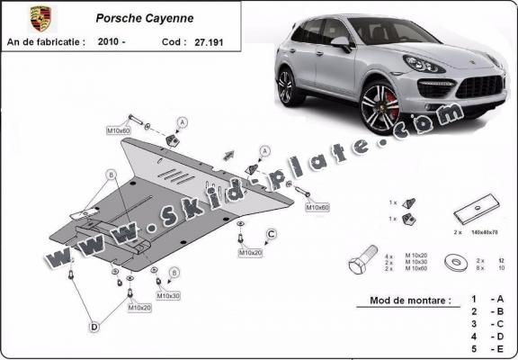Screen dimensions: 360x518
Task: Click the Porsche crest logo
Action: click(39, 18)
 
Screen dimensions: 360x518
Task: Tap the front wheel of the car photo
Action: click(380, 107)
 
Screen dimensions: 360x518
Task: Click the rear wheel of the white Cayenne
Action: click(286, 87)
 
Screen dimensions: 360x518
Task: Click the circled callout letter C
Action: click(270, 236)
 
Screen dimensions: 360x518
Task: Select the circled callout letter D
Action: click(94, 328)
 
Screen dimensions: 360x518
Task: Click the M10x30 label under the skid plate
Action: click(168, 295)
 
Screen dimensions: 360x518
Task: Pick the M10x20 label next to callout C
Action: click(249, 253)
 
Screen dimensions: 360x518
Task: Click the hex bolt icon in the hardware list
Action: click(362, 264)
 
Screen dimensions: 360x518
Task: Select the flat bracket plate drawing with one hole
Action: click(471, 215)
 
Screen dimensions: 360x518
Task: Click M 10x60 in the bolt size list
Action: click(416, 269)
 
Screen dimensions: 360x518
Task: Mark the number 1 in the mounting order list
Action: click(473, 298)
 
